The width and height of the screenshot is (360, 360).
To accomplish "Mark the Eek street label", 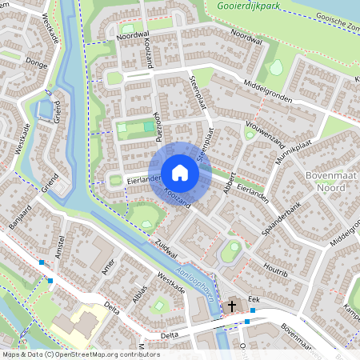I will pos(254,298).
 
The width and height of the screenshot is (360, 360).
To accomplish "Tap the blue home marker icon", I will pos(180,172).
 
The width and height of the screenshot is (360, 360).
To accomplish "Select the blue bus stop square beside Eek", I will pos(247,321).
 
